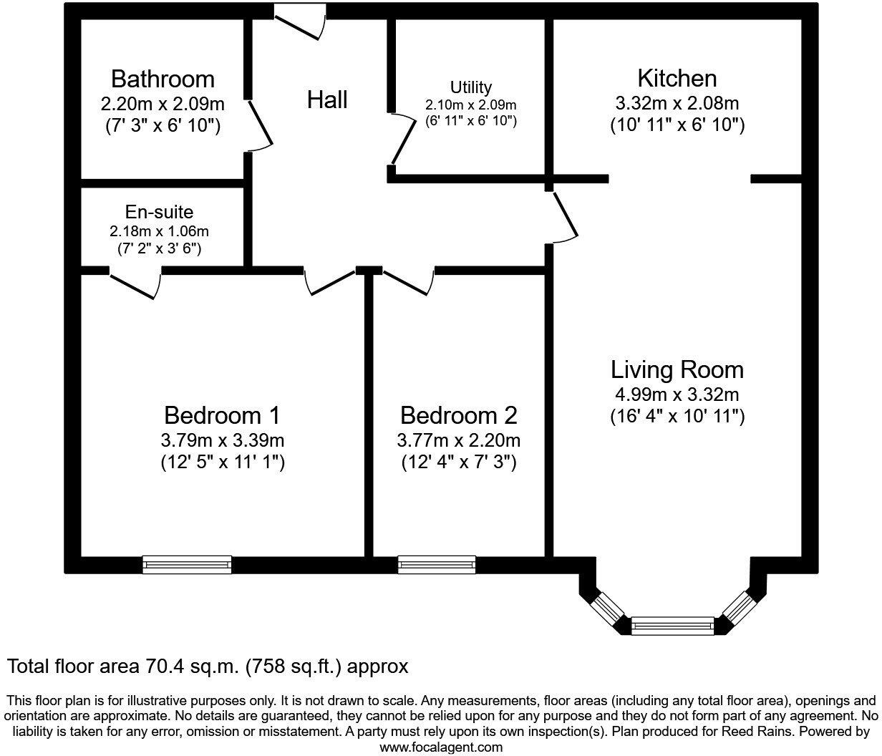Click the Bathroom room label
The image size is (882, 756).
pyautogui.click(x=163, y=78)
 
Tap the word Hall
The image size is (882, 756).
pyautogui.click(x=327, y=100)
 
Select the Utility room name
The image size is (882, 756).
pyautogui.click(x=471, y=87)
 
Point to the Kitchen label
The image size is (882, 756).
pyautogui.click(x=677, y=78)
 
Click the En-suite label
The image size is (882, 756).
pyautogui.click(x=159, y=212)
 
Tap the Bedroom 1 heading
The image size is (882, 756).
pyautogui.click(x=222, y=415)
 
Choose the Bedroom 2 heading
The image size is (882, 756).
pyautogui.click(x=458, y=415)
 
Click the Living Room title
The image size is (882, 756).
pyautogui.click(x=677, y=370)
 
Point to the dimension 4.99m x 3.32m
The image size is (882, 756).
pyautogui.click(x=677, y=394)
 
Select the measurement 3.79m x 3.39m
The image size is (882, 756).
pyautogui.click(x=222, y=440)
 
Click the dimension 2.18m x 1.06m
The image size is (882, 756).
pyautogui.click(x=159, y=231)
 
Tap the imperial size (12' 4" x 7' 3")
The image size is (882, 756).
pyautogui.click(x=458, y=462)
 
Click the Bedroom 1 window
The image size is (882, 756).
pyautogui.click(x=187, y=564)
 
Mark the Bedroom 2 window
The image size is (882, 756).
pyautogui.click(x=437, y=564)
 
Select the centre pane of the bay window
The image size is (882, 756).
pyautogui.click(x=673, y=625)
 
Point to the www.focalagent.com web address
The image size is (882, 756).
pyautogui.click(x=440, y=747)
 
